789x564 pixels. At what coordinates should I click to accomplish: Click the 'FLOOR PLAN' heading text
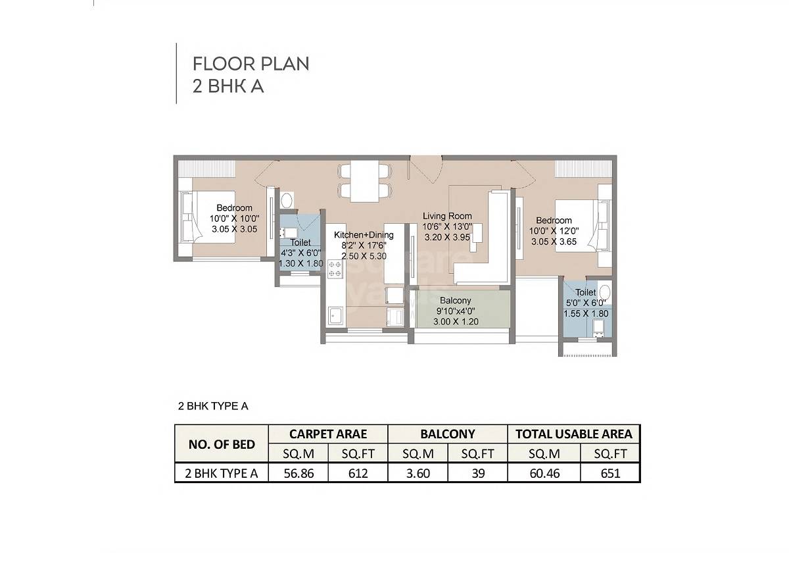tap(251, 64)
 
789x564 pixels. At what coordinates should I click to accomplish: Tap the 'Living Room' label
tap(447, 216)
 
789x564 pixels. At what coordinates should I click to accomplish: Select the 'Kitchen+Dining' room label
tap(364, 235)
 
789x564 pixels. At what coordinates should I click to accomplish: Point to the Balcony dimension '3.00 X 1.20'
tap(456, 322)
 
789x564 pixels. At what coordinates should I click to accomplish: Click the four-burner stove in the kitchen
tap(335, 269)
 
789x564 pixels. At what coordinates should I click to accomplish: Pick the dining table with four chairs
tap(364, 181)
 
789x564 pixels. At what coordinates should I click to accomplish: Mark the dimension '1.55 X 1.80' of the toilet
tap(586, 314)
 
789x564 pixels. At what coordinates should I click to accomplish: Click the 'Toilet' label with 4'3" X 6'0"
tap(300, 243)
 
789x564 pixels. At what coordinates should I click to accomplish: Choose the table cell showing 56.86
tap(298, 473)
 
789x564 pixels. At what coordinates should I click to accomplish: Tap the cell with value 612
tap(359, 473)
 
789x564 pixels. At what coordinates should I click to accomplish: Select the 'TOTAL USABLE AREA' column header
tap(574, 434)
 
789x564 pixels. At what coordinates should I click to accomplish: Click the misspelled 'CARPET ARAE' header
tap(328, 434)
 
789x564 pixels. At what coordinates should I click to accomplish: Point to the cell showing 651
tap(610, 473)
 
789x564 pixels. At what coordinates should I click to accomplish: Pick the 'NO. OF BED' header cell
tap(222, 444)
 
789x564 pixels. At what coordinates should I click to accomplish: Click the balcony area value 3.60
tap(418, 473)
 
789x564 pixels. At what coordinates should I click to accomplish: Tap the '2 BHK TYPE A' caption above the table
tap(213, 406)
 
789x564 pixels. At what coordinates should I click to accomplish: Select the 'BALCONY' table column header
tap(448, 434)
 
